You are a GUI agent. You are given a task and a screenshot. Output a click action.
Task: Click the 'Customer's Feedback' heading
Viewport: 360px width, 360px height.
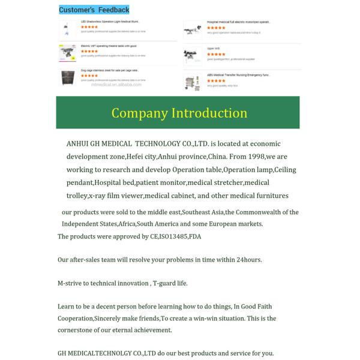(x=94, y=10)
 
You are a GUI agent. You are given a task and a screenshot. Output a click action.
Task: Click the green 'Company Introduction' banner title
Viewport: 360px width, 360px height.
(x=179, y=113)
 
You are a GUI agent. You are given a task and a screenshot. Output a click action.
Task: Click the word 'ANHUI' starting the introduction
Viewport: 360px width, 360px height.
(x=78, y=144)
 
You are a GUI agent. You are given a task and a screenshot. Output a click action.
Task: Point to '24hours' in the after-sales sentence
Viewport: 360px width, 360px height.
(x=246, y=260)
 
